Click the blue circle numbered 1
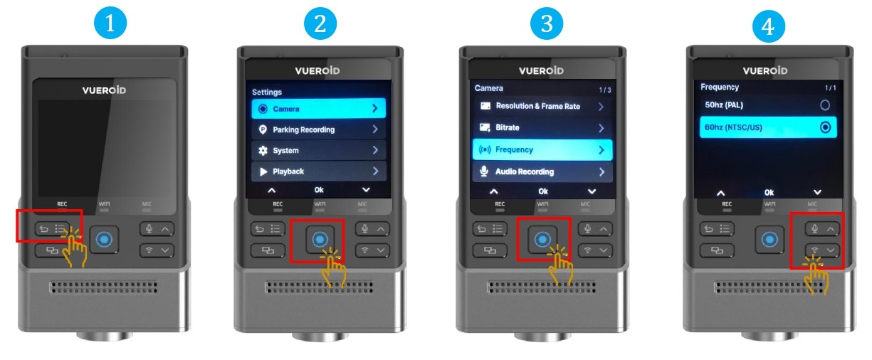[110, 23]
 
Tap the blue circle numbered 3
[547, 23]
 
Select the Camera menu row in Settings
[318, 109]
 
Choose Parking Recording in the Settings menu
[318, 129]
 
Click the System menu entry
[318, 150]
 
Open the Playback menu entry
[318, 171]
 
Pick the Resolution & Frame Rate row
[542, 106]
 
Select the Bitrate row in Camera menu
[542, 127]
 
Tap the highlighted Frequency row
[542, 150]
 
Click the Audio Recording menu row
[542, 171]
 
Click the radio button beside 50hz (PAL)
[824, 105]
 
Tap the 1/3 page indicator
[605, 90]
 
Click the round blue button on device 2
[320, 239]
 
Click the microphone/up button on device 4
[822, 229]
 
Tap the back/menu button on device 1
[52, 229]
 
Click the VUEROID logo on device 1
[104, 90]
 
